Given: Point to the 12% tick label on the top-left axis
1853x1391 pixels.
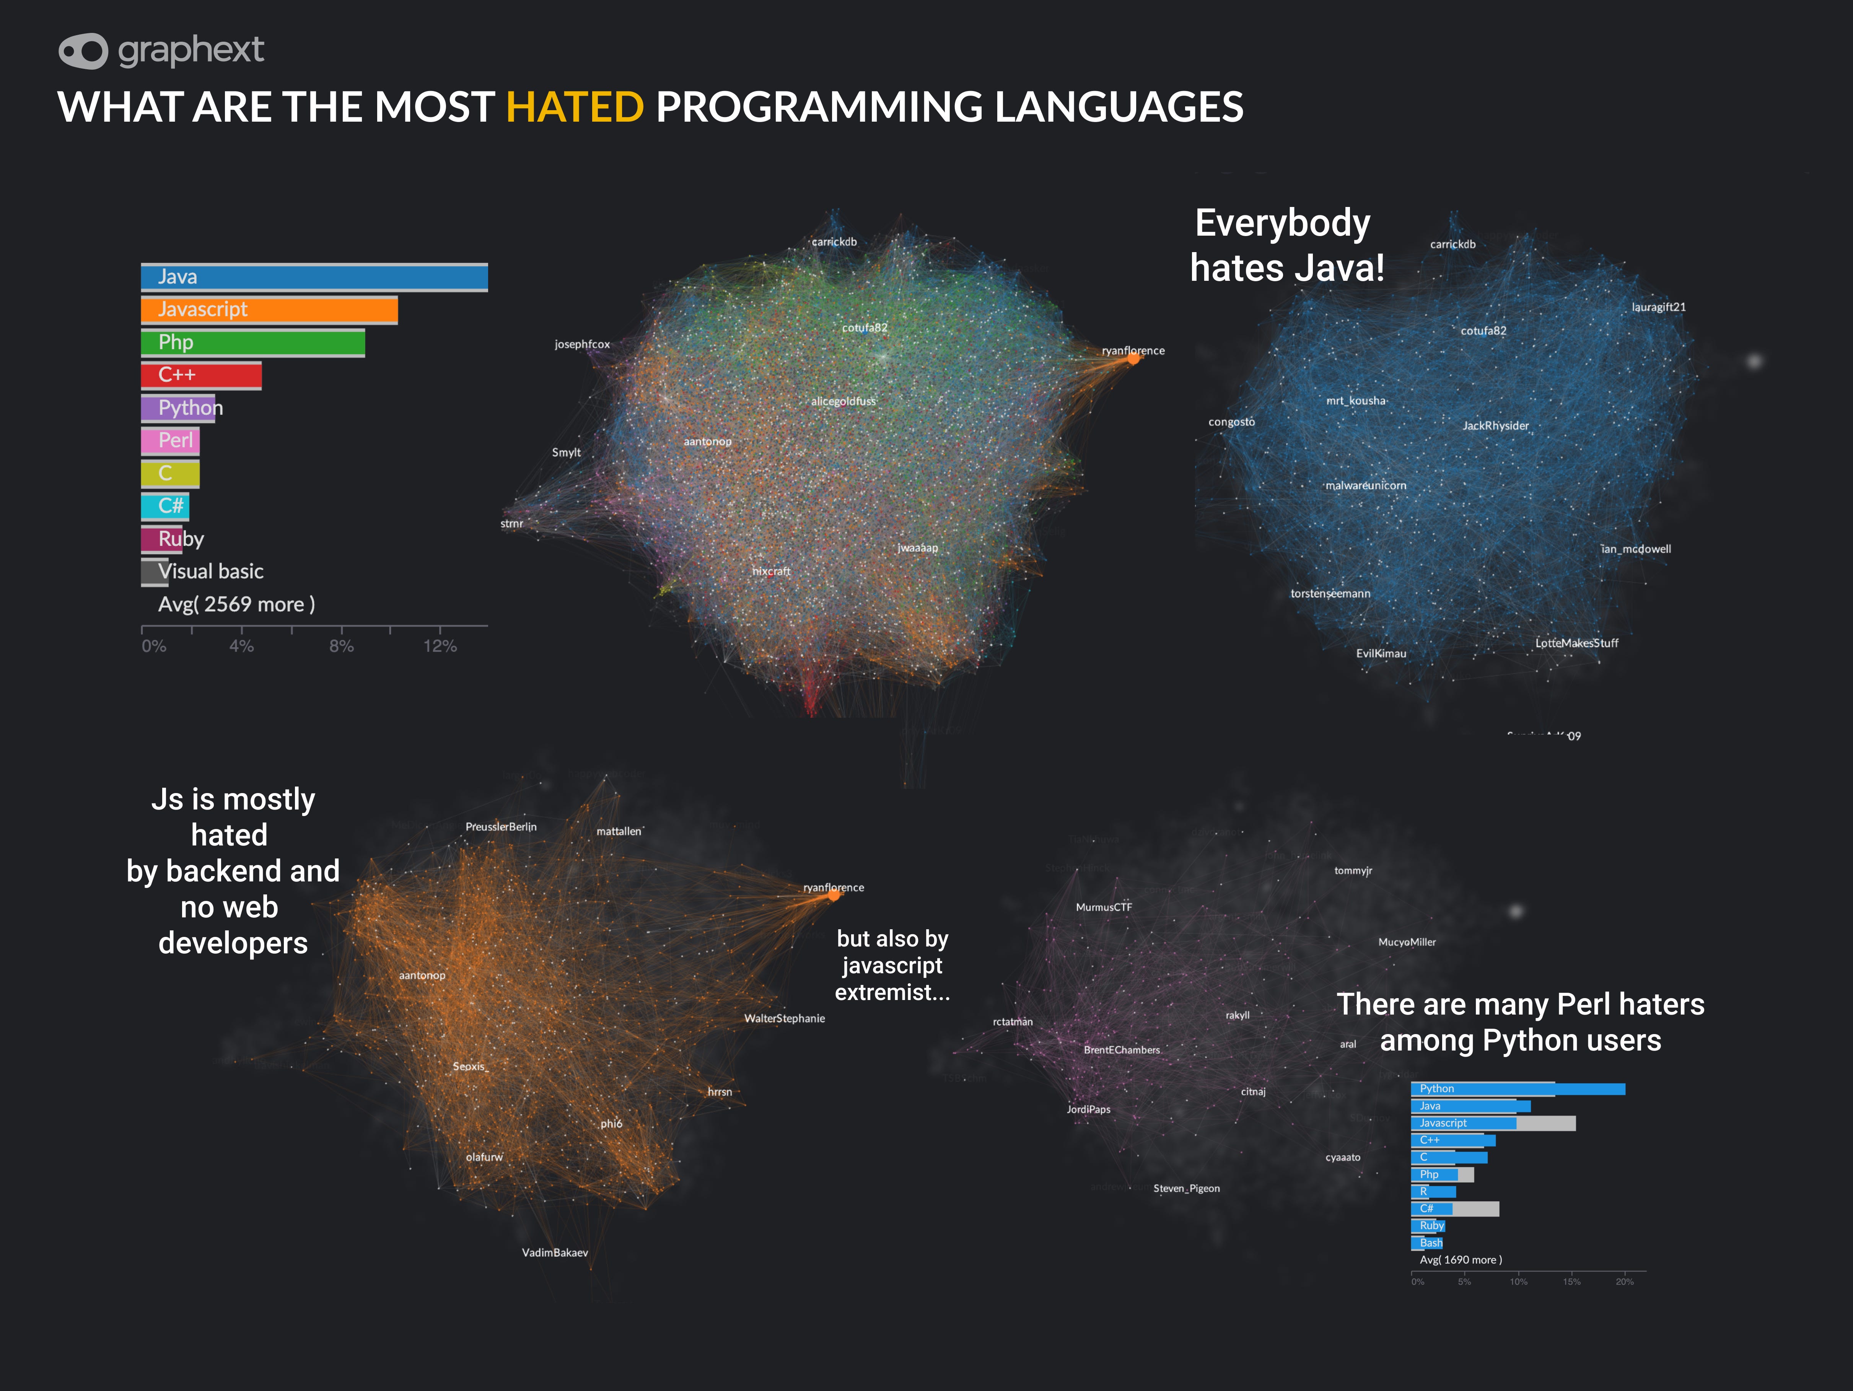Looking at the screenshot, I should point(440,646).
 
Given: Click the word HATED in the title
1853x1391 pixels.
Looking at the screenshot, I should point(575,107).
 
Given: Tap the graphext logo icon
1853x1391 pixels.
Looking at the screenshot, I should point(83,51).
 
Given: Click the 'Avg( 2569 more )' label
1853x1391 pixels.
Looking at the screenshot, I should point(236,604).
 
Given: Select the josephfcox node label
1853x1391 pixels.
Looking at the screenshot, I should point(582,344).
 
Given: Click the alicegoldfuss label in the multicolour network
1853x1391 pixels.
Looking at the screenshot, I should point(843,401).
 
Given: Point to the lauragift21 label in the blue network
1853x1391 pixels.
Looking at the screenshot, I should point(1658,308).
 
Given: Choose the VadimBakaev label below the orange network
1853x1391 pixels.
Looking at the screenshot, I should point(555,1253).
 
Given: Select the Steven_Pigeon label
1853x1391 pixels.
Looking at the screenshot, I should point(1186,1188).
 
